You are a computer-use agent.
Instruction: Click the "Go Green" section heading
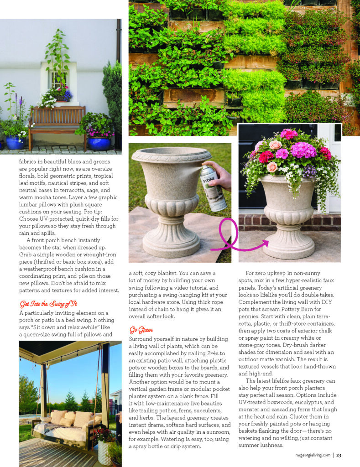point(141,329)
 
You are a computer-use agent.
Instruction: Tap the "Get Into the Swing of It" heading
point(47,304)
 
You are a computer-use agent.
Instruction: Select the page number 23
point(339,454)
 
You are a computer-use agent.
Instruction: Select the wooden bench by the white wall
point(57,126)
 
